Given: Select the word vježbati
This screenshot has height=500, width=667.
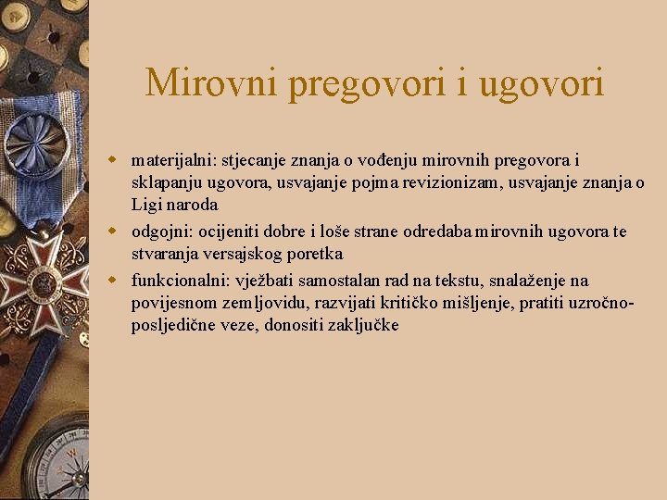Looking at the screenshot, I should [x=266, y=281].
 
